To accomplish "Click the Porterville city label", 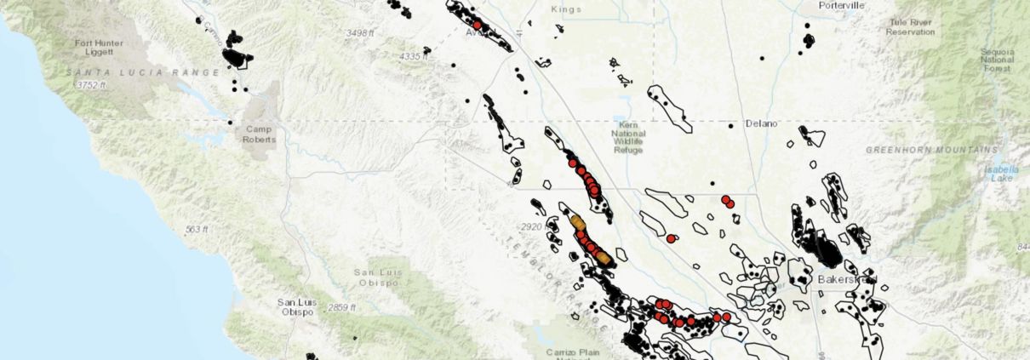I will coord(840,6).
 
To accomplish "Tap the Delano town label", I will coord(761,123).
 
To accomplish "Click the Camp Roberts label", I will coord(260,135).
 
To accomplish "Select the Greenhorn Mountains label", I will coord(930,150).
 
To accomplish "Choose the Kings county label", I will coord(566,9).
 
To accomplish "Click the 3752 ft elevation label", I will coord(91,85).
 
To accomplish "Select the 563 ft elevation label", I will coord(196,230).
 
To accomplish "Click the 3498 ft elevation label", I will coord(361,33).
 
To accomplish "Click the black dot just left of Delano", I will coord(730,125).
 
